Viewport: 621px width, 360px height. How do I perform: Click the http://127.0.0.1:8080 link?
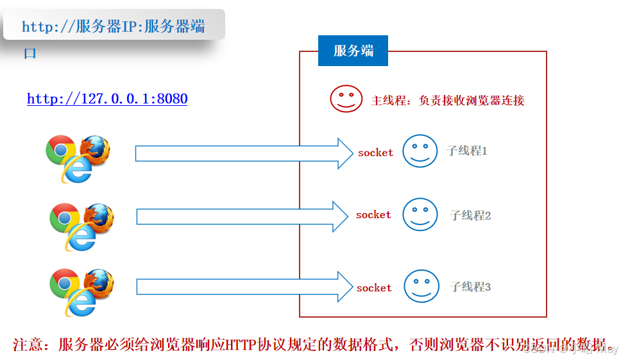(x=107, y=99)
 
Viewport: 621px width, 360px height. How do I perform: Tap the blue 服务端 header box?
(x=353, y=51)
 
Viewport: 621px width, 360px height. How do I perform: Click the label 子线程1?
(x=467, y=151)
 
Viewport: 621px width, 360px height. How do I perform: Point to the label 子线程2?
(x=470, y=216)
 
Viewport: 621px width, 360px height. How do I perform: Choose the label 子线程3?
(x=470, y=287)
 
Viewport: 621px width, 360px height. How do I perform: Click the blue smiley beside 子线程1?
(x=420, y=151)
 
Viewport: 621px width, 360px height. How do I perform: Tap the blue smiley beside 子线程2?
(x=420, y=214)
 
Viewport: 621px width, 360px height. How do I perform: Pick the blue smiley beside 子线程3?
(x=421, y=286)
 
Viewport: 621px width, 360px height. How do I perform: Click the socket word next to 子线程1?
(x=375, y=153)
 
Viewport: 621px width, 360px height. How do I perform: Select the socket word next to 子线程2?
(x=373, y=215)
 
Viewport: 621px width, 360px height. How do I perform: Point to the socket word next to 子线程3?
(x=374, y=288)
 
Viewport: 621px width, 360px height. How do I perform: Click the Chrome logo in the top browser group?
(x=60, y=150)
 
